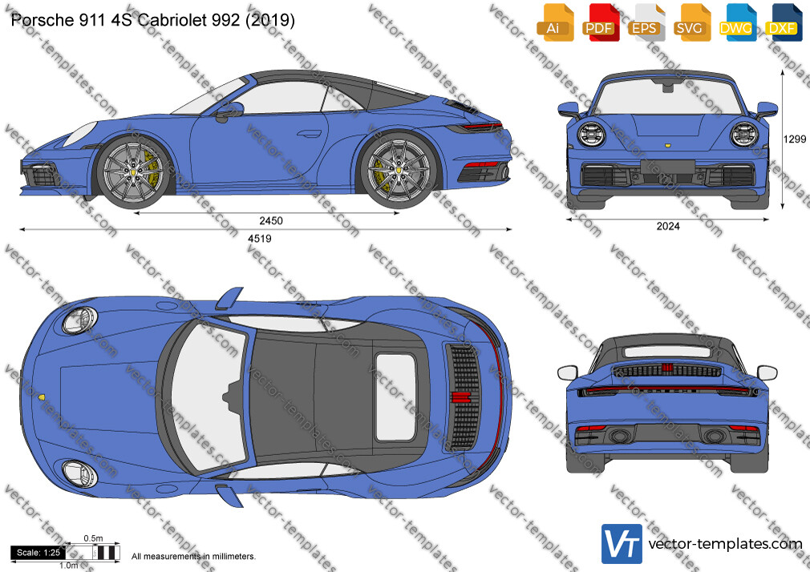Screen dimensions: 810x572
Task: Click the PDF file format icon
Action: [x=600, y=22]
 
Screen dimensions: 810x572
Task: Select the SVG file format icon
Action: [x=691, y=22]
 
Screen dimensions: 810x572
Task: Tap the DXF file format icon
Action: [x=784, y=22]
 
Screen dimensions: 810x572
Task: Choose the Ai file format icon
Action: [x=555, y=22]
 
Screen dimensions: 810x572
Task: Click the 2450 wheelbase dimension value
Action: [x=271, y=221]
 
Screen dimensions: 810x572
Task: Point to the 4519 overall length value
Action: [x=259, y=239]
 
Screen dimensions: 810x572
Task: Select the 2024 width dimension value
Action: [x=668, y=226]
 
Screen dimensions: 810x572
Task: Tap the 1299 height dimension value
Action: [x=795, y=139]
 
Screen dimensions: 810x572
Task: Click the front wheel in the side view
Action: [x=133, y=172]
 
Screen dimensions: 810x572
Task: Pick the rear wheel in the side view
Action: [x=399, y=171]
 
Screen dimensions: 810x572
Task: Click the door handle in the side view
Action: [x=310, y=134]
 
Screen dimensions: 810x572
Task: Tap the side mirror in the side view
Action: [x=230, y=111]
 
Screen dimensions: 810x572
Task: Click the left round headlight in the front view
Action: [x=592, y=135]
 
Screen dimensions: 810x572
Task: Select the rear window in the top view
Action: [x=395, y=397]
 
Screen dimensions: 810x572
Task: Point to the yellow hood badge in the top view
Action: [x=42, y=397]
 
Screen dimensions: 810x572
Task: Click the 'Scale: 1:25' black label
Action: [x=38, y=553]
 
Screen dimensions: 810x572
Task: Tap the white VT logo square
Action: [x=622, y=544]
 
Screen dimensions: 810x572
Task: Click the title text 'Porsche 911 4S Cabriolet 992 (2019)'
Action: [x=153, y=20]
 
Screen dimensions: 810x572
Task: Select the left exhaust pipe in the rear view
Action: [x=620, y=437]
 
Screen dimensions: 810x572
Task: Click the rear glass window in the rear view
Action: [x=667, y=352]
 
